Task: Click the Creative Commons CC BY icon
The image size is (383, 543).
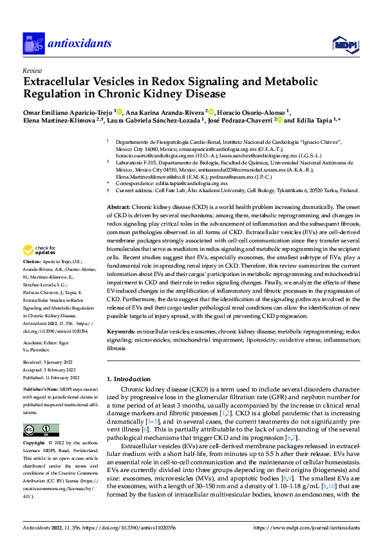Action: pyautogui.click(x=37, y=430)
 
